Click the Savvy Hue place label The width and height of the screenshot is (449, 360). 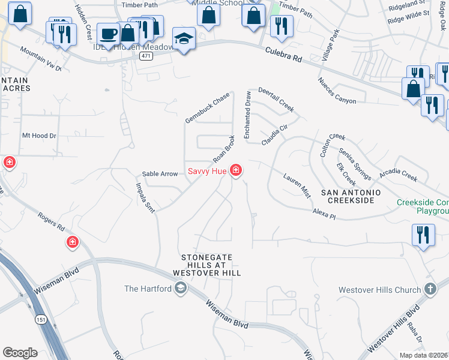207,172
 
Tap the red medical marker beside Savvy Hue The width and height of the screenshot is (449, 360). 236,171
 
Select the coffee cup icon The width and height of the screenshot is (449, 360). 108,34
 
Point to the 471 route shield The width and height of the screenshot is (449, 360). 145,56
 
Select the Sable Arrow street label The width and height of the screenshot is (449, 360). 160,174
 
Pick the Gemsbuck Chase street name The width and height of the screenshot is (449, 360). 208,108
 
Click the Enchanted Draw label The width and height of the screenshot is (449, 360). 247,115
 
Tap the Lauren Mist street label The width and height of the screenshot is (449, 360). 297,187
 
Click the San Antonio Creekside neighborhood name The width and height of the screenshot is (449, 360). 351,196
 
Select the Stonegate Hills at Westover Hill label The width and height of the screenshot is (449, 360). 206,265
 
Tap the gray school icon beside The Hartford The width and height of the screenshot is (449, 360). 180,289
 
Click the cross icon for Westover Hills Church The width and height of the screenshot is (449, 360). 430,290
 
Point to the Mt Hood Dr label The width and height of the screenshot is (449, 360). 39,136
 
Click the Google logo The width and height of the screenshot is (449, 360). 20,353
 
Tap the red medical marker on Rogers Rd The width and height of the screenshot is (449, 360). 72,242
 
